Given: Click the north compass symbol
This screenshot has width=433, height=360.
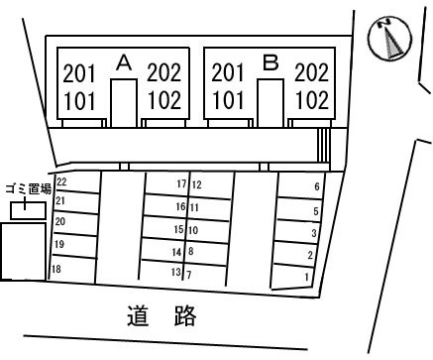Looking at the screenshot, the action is (x=389, y=39).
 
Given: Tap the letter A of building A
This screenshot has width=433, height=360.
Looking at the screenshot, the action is (x=124, y=62).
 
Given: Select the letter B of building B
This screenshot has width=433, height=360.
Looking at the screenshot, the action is (x=271, y=62).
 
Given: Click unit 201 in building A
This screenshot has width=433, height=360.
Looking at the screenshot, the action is (x=79, y=73).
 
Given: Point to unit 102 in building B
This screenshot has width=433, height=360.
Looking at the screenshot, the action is (x=311, y=100).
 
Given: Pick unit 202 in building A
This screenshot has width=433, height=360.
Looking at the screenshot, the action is (x=164, y=72).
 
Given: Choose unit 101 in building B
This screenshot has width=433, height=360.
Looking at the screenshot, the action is (x=228, y=100).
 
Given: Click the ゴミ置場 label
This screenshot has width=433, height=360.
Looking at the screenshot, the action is (x=29, y=189).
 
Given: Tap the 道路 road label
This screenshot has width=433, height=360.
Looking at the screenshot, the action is (x=162, y=316).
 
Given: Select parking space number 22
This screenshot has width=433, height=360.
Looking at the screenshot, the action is (x=61, y=181).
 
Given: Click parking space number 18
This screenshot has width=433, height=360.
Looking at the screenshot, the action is (x=56, y=269).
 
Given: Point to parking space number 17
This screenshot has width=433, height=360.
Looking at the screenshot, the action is (x=181, y=183).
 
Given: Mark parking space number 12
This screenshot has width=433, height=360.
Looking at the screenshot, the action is (x=196, y=184).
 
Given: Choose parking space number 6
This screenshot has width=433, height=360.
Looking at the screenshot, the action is (x=317, y=186).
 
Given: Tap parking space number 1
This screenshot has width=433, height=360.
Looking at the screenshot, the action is (x=307, y=277).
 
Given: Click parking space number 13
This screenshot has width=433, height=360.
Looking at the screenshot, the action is (x=176, y=272).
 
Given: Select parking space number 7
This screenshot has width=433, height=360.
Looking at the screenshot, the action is (x=189, y=275).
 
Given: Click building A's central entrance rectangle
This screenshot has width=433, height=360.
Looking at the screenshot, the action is (x=124, y=103).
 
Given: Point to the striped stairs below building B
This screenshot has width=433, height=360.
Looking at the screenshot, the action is (x=323, y=145).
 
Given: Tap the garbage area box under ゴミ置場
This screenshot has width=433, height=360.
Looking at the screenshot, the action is (x=28, y=210).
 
